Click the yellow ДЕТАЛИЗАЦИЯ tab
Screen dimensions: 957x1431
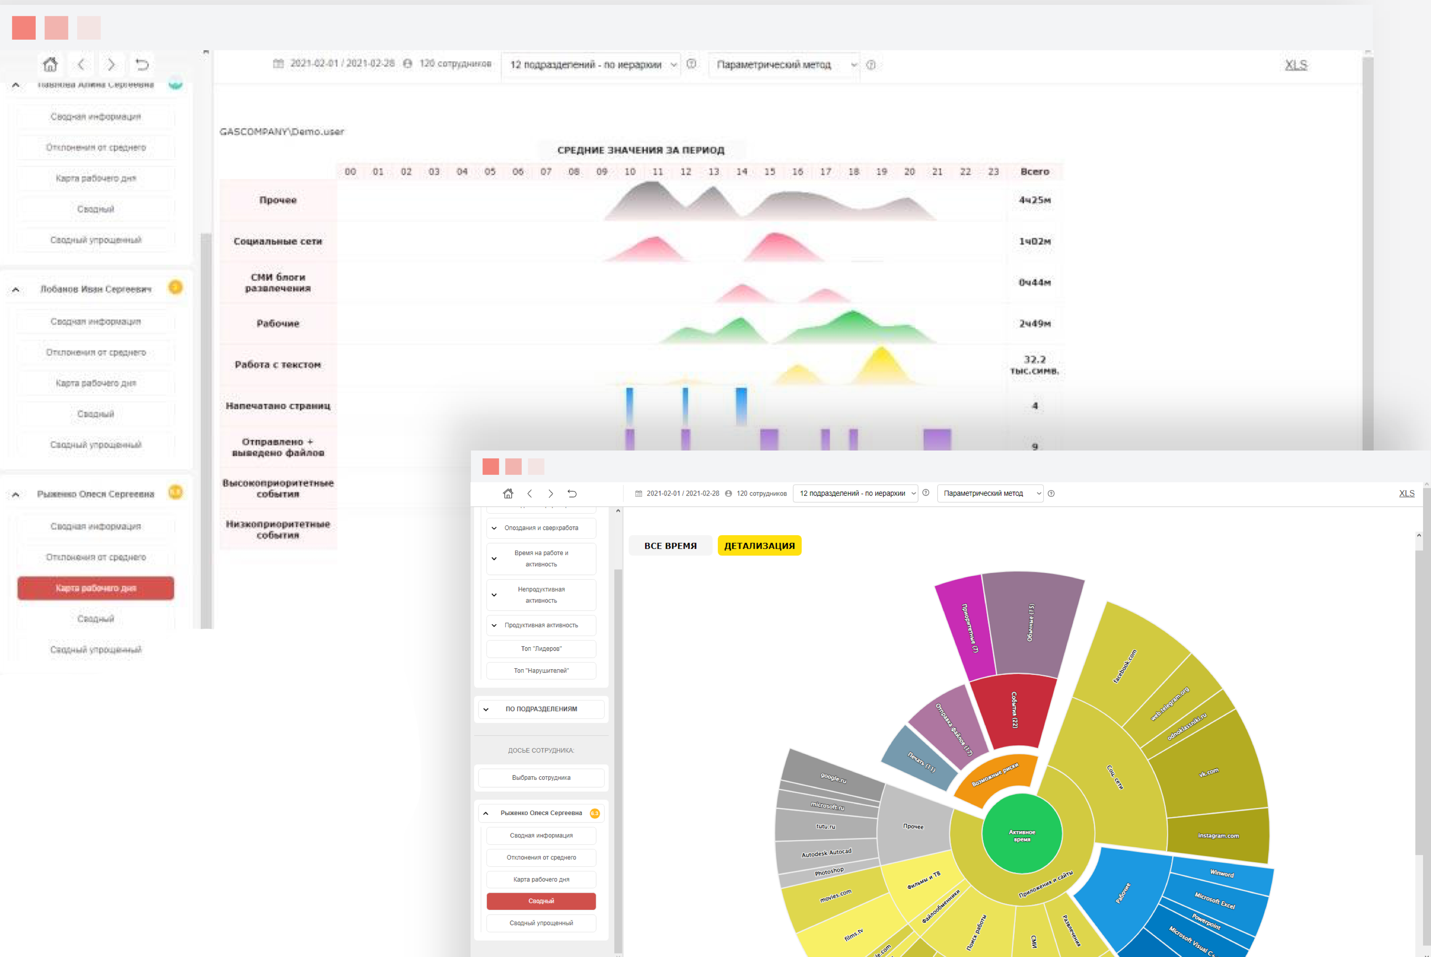pos(759,546)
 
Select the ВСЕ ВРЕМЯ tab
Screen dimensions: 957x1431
pos(670,546)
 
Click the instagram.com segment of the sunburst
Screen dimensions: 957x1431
pos(1218,835)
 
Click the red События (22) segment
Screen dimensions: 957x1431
pos(1013,710)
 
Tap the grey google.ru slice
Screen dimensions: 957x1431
pos(833,777)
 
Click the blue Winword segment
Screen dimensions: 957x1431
pos(1221,873)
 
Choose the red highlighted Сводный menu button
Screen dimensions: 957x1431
pos(541,901)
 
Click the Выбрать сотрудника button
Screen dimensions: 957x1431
pos(541,778)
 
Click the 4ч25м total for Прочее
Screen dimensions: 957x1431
pos(1034,200)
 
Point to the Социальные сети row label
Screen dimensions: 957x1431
pos(278,241)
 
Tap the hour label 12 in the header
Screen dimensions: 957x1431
pos(686,171)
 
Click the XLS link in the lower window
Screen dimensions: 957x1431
pos(1406,493)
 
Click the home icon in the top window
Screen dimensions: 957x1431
pos(50,64)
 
